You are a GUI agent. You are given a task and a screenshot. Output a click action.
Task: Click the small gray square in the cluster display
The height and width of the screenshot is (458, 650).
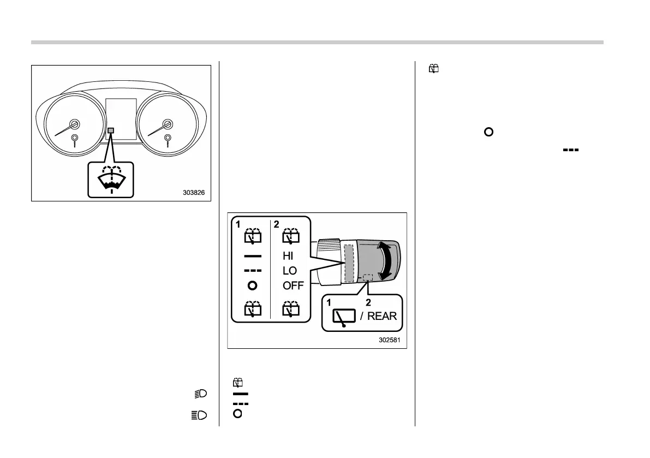tap(111, 130)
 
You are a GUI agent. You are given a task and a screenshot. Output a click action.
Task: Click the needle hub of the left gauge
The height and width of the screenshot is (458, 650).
tap(74, 124)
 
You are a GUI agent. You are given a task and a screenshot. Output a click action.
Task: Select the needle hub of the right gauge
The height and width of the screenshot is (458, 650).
tap(167, 124)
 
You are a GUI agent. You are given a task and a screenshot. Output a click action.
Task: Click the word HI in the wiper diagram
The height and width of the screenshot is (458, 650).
tap(289, 255)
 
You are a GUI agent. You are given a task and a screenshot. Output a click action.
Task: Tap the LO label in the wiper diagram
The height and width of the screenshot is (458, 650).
tap(290, 270)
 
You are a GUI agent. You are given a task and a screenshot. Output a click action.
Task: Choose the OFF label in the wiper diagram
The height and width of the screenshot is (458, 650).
tap(293, 285)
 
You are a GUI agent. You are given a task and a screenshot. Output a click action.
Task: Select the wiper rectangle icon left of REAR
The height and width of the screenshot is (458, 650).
tap(344, 317)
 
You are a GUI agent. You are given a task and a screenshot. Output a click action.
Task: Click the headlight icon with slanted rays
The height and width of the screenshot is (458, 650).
tap(202, 394)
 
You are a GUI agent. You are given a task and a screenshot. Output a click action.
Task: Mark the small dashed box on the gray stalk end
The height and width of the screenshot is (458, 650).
tap(368, 277)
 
